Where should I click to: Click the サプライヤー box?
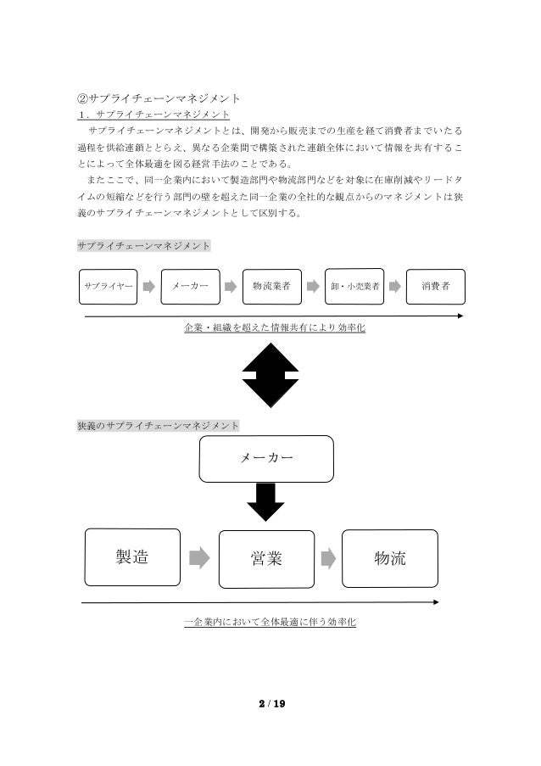point(106,287)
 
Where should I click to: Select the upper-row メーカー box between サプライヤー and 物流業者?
point(190,287)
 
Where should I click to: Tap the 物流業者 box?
point(271,287)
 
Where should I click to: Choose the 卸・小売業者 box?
point(354,287)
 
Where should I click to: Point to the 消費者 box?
point(436,287)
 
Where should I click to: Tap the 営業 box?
point(266,557)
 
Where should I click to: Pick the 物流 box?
point(390,557)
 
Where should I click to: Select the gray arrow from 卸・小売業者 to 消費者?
point(394,288)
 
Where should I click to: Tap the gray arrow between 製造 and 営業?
point(198,557)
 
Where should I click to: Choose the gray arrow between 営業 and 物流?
point(326,557)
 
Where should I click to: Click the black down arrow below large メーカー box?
point(265,502)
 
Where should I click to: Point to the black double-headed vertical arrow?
point(270,375)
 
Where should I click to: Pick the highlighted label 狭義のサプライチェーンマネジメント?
point(158,424)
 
